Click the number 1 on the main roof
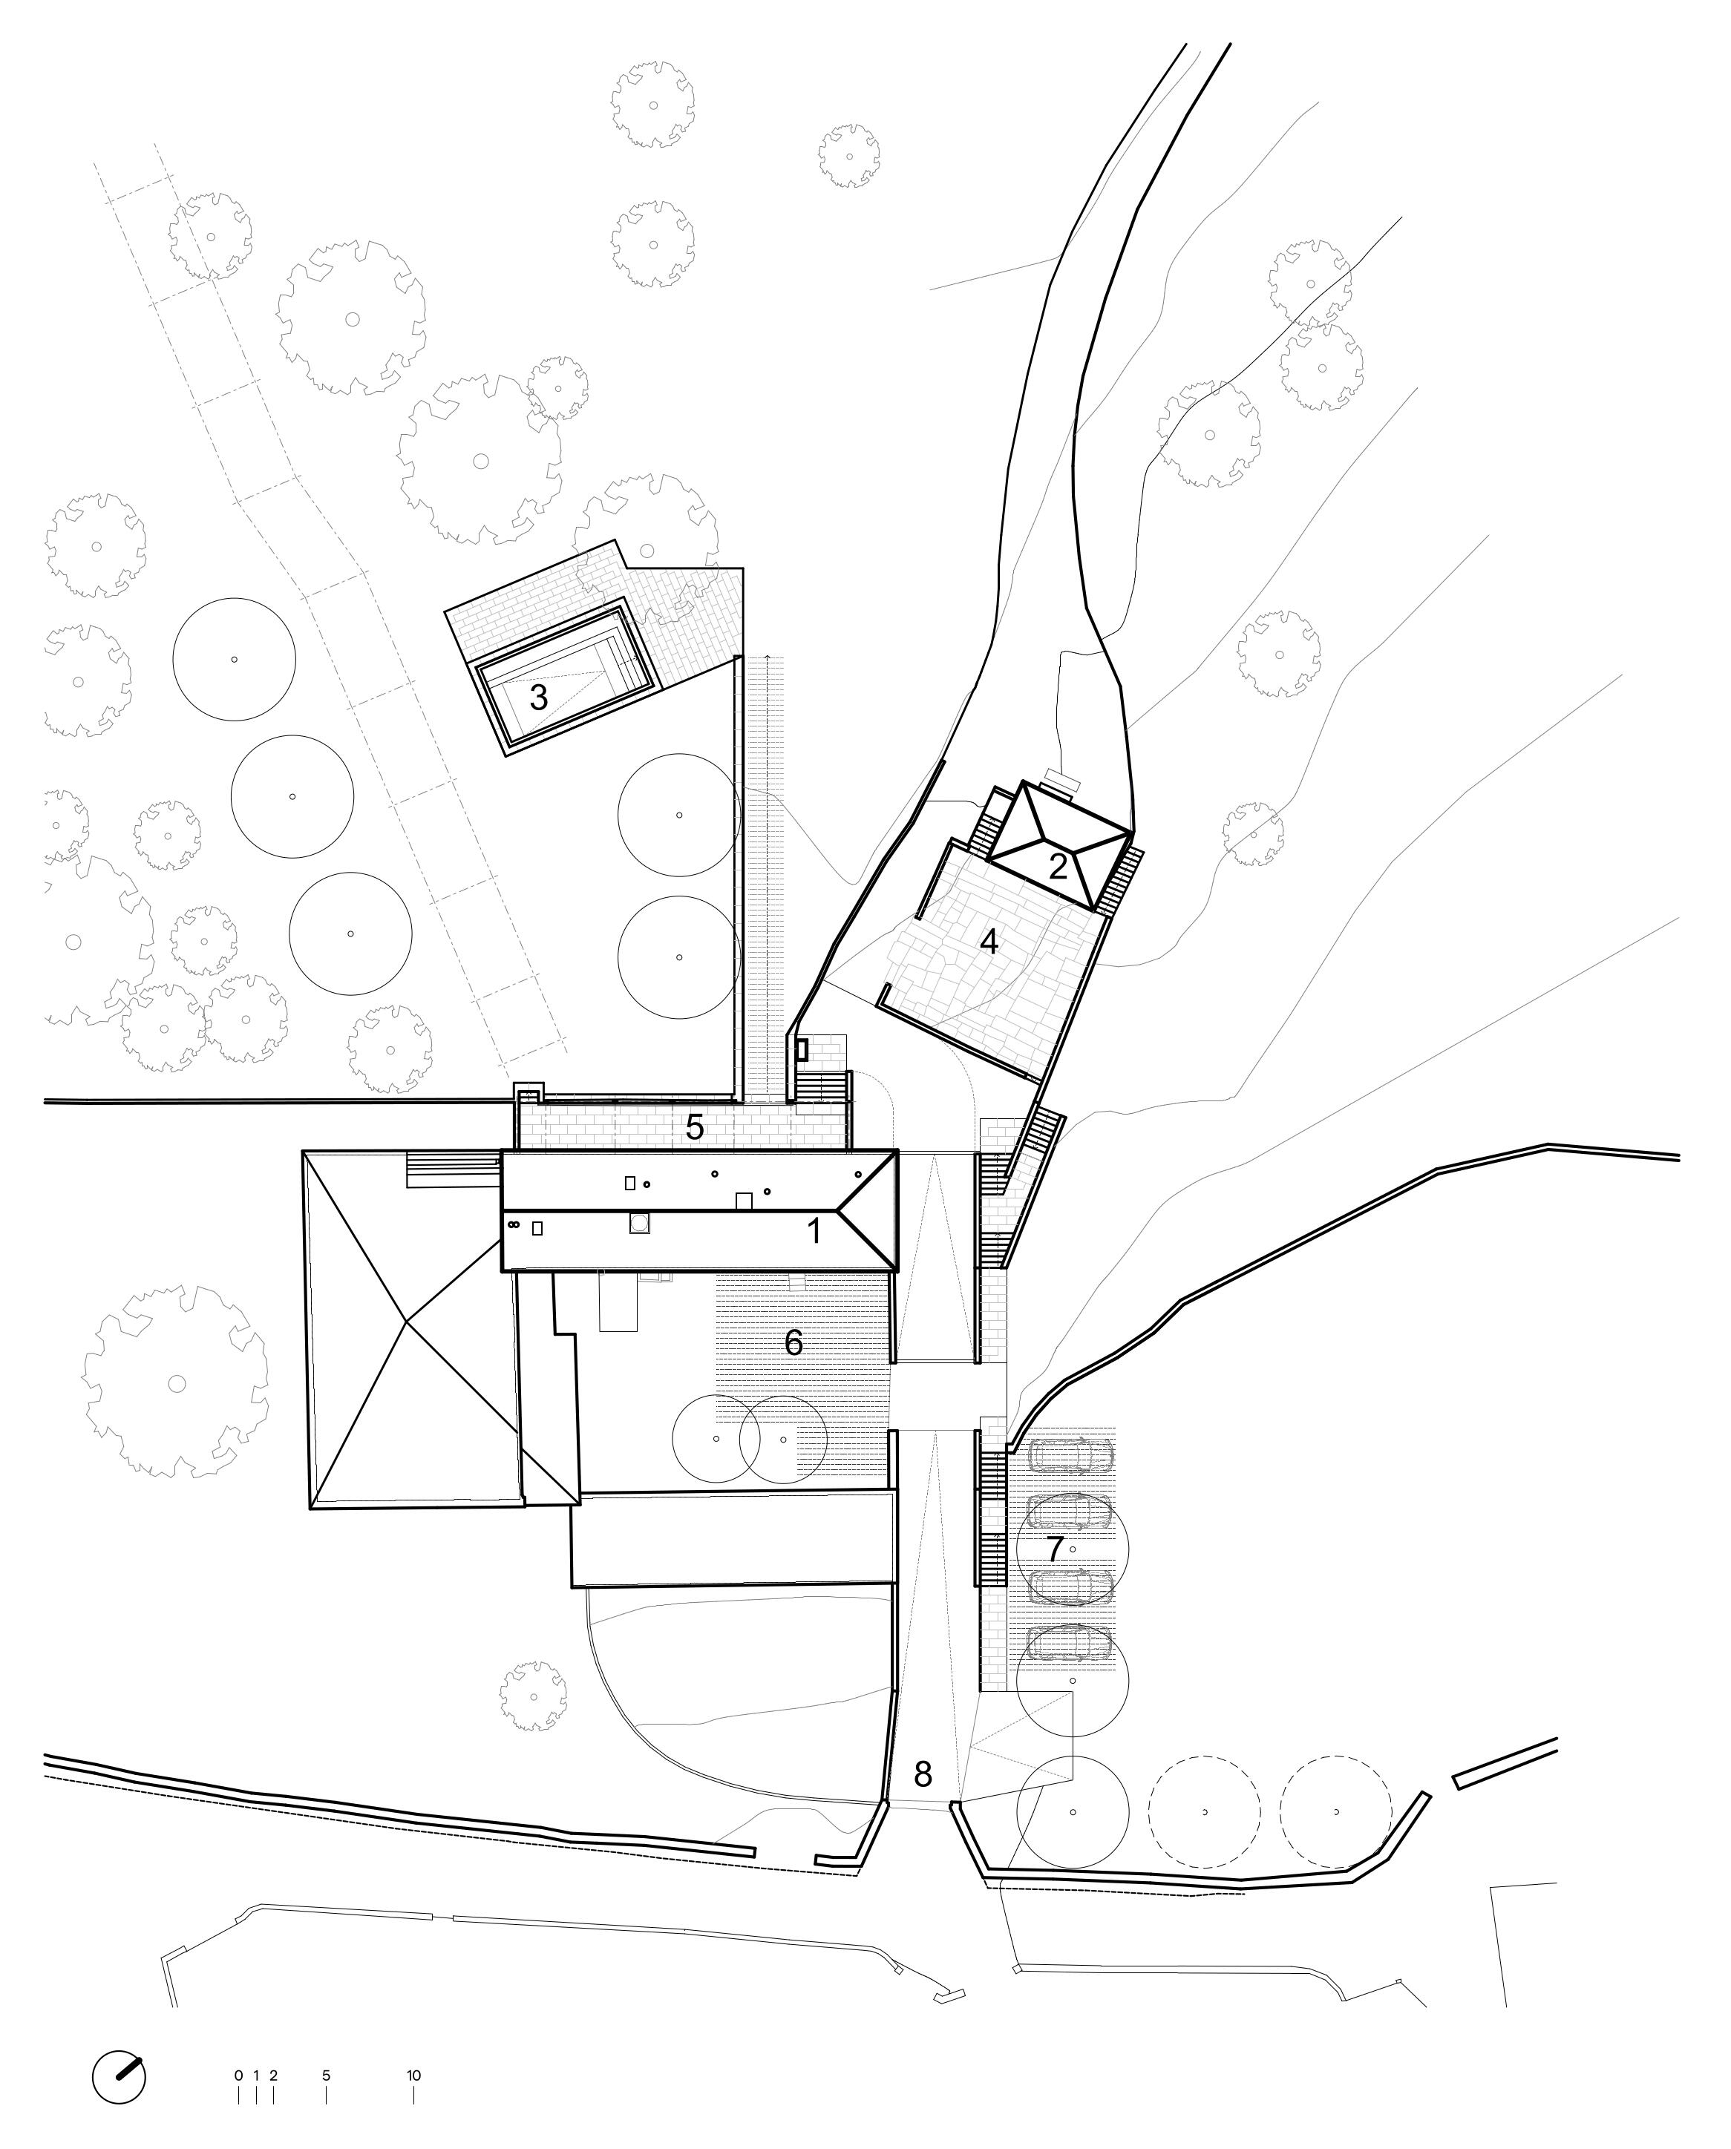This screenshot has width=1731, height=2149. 814,1231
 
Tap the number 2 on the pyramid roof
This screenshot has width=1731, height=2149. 1058,866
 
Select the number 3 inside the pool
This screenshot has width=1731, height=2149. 538,697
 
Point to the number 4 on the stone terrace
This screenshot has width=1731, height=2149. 989,942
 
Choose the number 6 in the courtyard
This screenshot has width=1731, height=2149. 793,1342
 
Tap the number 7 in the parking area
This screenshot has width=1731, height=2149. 1055,1549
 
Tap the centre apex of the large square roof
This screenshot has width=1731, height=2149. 406,1322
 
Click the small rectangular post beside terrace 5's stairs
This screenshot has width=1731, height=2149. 801,1049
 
